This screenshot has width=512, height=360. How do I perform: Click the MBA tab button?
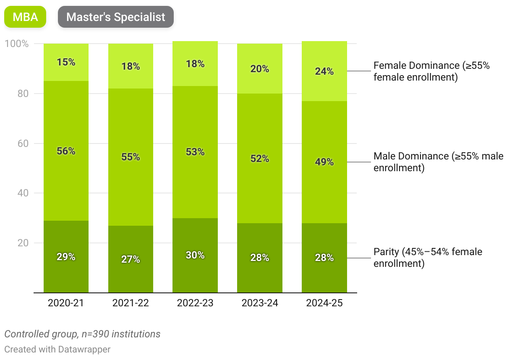pyautogui.click(x=25, y=17)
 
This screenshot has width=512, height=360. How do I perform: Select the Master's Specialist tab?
pyautogui.click(x=116, y=17)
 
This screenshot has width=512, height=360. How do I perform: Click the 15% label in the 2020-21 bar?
pyautogui.click(x=66, y=62)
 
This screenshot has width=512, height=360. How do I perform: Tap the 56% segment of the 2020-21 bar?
pyautogui.click(x=66, y=151)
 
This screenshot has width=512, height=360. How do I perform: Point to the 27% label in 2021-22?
pyautogui.click(x=131, y=259)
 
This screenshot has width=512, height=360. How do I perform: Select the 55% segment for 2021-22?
pyautogui.click(x=131, y=157)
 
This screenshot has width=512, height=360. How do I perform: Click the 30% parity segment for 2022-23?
pyautogui.click(x=195, y=255)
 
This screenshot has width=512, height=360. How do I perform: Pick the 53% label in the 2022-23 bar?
pyautogui.click(x=195, y=152)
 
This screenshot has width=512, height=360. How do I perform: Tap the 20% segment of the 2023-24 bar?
pyautogui.click(x=260, y=69)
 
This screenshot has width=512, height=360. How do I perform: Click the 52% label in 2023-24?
pyautogui.click(x=260, y=159)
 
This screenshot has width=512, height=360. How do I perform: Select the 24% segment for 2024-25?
pyautogui.click(x=324, y=71)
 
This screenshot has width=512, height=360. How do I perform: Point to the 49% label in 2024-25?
pyautogui.click(x=324, y=162)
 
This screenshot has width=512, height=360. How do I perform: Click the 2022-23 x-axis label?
pyautogui.click(x=195, y=303)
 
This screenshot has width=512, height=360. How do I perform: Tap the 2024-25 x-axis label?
pyautogui.click(x=324, y=303)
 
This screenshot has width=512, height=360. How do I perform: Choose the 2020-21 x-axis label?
pyautogui.click(x=66, y=303)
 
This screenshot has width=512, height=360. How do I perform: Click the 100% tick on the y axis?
pyautogui.click(x=16, y=44)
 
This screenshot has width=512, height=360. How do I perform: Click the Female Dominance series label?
pyautogui.click(x=431, y=71)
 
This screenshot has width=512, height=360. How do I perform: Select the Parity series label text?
pyautogui.click(x=428, y=257)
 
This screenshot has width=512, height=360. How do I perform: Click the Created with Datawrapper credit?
pyautogui.click(x=57, y=349)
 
